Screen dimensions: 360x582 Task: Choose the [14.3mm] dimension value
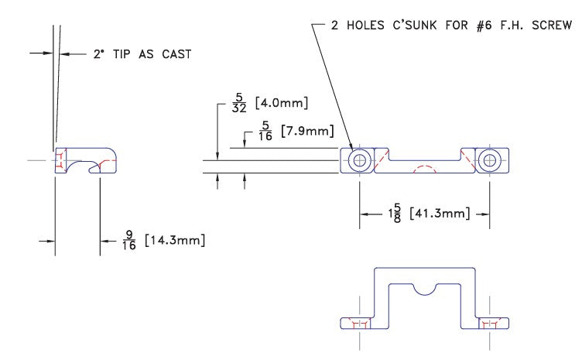pyautogui.click(x=176, y=241)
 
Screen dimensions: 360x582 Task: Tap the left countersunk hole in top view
pyautogui.click(x=358, y=160)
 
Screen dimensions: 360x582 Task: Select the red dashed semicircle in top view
pyautogui.click(x=423, y=170)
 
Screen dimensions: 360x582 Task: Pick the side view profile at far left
pyautogui.click(x=85, y=160)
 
